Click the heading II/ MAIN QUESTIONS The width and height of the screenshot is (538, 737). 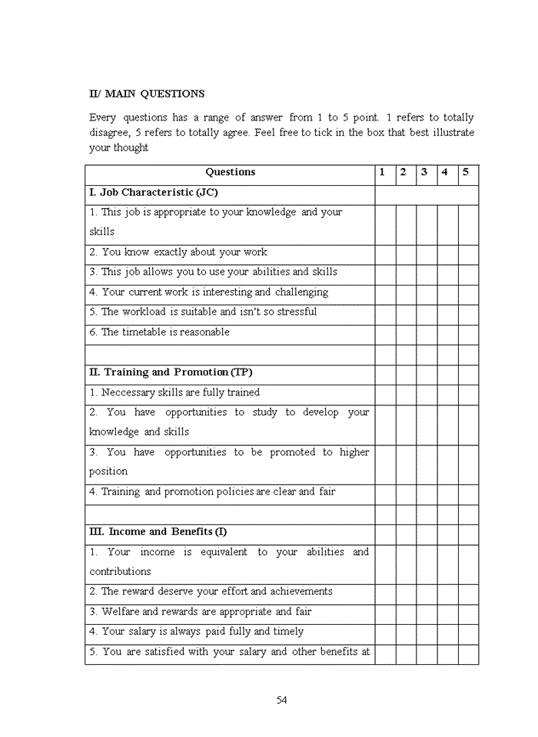pyautogui.click(x=147, y=94)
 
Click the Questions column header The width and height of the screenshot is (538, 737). pyautogui.click(x=230, y=172)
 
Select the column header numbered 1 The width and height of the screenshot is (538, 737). pyautogui.click(x=383, y=172)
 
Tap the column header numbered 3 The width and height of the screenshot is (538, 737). pyautogui.click(x=424, y=172)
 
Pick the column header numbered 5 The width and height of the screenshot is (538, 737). pyautogui.click(x=466, y=172)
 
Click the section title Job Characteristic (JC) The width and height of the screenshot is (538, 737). pyautogui.click(x=158, y=192)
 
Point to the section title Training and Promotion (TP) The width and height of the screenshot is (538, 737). pyautogui.click(x=171, y=372)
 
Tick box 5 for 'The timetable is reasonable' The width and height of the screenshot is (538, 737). pyautogui.click(x=468, y=332)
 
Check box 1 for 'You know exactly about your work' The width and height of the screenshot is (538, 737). pyautogui.click(x=385, y=253)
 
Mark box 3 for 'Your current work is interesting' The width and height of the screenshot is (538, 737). pyautogui.click(x=427, y=292)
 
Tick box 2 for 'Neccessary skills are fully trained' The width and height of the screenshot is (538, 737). pyautogui.click(x=406, y=392)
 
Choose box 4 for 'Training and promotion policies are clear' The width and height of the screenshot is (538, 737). pyautogui.click(x=447, y=492)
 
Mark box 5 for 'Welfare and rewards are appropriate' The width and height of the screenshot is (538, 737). pyautogui.click(x=468, y=612)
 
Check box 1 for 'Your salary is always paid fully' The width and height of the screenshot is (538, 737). pyautogui.click(x=385, y=632)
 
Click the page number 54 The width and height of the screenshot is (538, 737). pyautogui.click(x=281, y=699)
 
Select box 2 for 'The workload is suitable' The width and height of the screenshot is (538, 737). pyautogui.click(x=406, y=312)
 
